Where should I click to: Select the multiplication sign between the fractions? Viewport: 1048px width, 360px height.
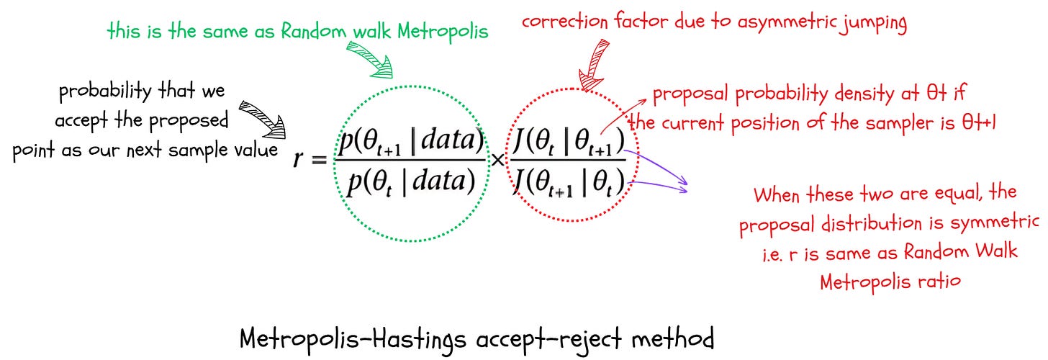(497, 160)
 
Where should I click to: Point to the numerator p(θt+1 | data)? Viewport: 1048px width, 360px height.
(410, 140)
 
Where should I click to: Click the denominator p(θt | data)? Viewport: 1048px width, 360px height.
(410, 180)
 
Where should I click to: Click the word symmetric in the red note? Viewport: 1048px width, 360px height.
(996, 225)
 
